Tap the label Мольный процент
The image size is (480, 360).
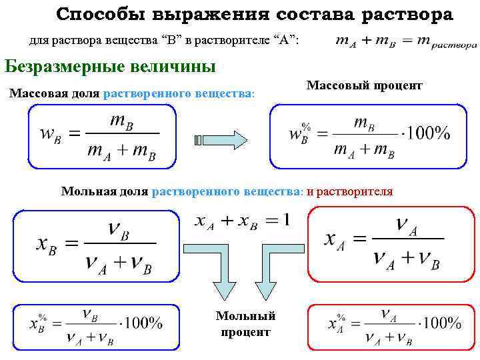(x=245, y=323)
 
